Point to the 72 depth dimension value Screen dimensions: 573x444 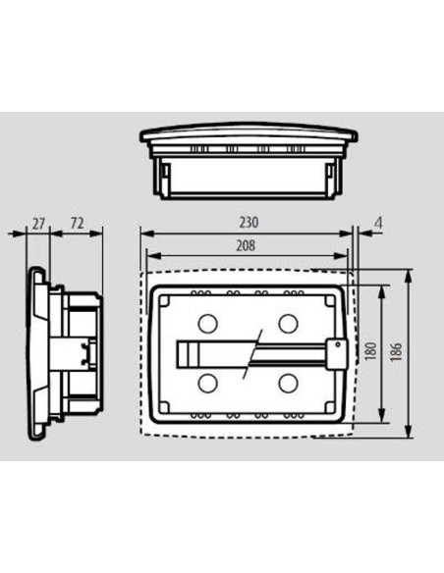coord(76,224)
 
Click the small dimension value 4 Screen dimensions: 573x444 coord(379,224)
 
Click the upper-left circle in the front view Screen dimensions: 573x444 coord(207,323)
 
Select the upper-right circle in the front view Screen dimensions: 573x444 coord(288,323)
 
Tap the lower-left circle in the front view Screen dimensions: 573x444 coord(207,383)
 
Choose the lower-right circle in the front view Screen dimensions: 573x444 coord(288,383)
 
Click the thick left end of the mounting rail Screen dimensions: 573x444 coord(187,353)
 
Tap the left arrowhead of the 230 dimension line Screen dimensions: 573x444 coord(143,234)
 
